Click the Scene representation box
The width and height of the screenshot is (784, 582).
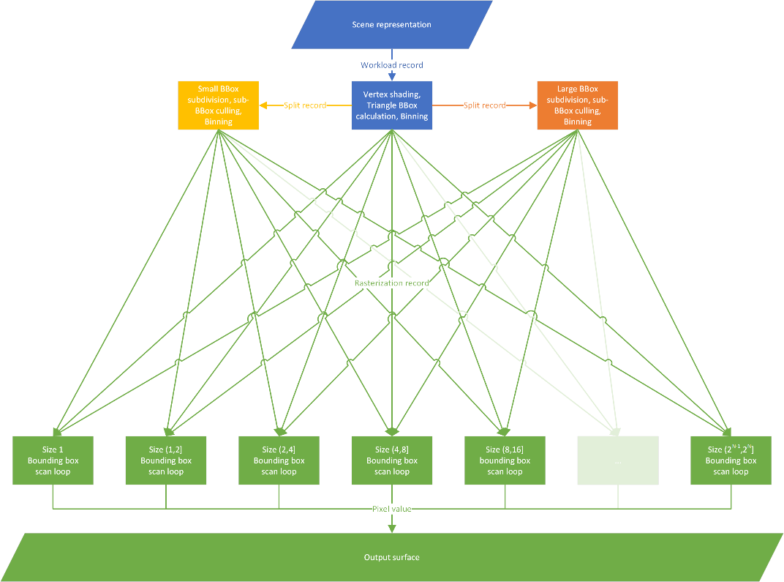coord(392,25)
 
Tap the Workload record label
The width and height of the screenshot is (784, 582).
coord(392,65)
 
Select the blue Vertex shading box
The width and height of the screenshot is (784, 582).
coord(392,105)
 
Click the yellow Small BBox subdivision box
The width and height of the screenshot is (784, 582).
coord(219,105)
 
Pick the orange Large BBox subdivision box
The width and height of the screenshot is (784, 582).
coord(577,105)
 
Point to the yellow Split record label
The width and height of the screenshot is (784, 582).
coord(304,105)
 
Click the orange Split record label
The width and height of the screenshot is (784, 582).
coord(484,105)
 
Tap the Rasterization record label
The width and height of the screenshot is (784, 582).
coord(392,283)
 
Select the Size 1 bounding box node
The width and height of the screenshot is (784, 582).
coord(53,460)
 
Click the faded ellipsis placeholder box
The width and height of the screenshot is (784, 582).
coord(618,460)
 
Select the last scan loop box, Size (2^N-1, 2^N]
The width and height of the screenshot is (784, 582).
coord(731,460)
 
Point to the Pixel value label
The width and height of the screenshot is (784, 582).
coord(392,509)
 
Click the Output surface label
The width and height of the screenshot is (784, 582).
coord(392,558)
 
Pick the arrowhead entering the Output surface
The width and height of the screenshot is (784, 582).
coord(392,529)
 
